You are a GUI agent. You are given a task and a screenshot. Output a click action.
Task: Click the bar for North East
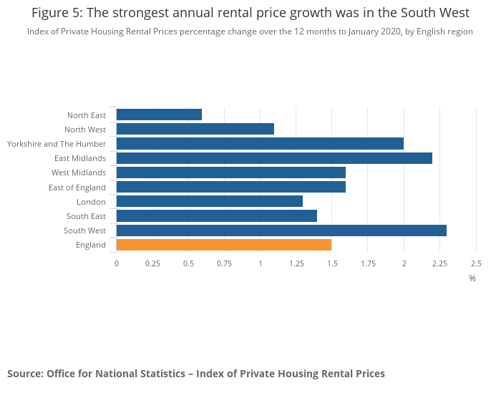[159, 115]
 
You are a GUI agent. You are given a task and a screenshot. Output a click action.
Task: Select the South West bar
[281, 231]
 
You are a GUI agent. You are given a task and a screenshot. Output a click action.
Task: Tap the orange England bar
[224, 245]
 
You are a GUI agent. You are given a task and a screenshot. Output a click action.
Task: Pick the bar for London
[210, 201]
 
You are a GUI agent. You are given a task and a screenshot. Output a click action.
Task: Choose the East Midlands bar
[274, 158]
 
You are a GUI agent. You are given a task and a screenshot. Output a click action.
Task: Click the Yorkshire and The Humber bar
[260, 144]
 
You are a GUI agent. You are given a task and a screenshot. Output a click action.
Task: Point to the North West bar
[195, 129]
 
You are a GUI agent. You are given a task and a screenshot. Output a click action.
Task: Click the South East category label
[86, 216]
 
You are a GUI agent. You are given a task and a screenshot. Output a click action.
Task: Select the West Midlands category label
[79, 173]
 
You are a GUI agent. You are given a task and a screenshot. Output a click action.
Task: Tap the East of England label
[77, 188]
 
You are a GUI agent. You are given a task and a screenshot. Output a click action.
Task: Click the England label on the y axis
[91, 245]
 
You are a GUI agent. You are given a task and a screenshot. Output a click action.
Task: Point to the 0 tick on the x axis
[117, 263]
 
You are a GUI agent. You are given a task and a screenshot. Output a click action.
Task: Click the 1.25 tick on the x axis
[296, 263]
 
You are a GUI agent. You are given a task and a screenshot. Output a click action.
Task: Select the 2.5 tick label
[475, 263]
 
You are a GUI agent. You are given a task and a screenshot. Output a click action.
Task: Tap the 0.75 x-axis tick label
[224, 263]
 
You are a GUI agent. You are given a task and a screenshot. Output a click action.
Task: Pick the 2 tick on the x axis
[404, 263]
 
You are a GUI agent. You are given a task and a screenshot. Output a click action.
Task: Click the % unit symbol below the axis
[472, 278]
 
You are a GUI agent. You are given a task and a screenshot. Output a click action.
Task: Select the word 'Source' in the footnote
[24, 374]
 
